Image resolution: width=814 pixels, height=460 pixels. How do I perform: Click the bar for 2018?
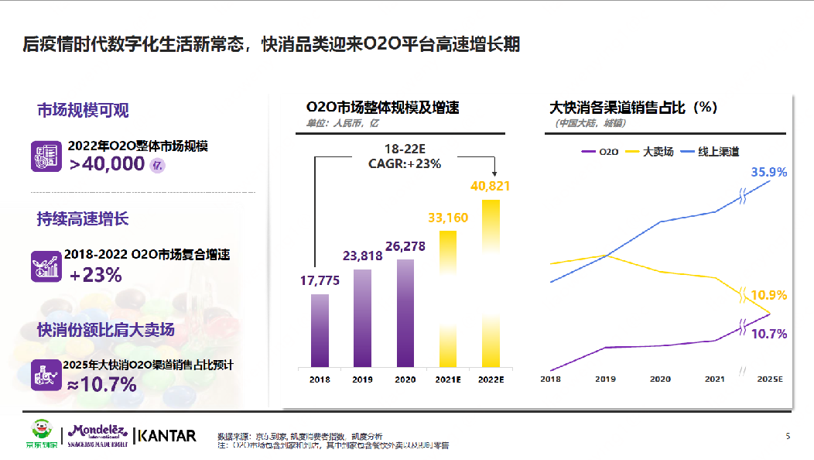320,331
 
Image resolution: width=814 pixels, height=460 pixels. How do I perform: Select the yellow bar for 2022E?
491,283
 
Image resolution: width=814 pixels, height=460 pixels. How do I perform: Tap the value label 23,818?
362,257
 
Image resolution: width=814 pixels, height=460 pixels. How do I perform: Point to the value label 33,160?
447,218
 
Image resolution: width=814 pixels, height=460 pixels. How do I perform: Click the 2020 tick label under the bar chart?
405,379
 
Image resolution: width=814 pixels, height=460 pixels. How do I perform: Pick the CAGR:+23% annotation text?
405,163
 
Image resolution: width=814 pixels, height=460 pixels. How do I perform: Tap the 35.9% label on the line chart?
768,172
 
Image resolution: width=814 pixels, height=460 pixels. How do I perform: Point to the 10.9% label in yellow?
768,295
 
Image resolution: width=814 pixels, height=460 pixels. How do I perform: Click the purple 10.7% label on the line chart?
768,334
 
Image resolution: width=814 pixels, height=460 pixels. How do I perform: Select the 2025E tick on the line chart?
770,379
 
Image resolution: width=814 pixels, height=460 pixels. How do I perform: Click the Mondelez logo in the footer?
99,435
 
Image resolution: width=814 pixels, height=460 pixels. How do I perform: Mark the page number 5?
788,436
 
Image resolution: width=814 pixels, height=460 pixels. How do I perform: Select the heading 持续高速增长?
83,219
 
